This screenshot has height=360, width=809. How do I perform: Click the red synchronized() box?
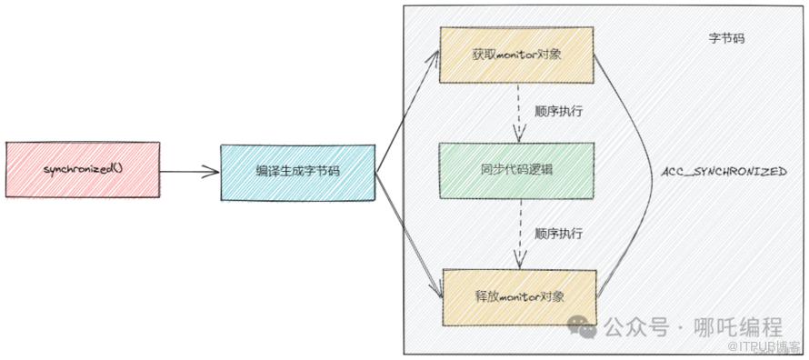pos(83,169)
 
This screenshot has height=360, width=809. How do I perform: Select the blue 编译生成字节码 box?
pos(298,173)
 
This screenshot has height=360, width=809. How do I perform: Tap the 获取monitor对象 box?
pos(516,55)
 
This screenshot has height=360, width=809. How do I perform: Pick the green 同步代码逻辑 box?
pos(516,170)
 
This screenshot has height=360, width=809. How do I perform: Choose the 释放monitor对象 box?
pos(519,297)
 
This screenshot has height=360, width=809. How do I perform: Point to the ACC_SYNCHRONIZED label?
pos(724,172)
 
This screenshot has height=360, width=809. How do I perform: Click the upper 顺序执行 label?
pos(559,112)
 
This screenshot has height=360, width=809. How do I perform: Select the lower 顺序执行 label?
pos(559,234)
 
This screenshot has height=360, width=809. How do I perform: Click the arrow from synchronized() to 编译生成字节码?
pos(190,172)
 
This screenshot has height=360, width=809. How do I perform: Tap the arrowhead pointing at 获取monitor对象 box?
pos(433,56)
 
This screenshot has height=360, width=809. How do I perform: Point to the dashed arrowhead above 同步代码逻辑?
pos(519,135)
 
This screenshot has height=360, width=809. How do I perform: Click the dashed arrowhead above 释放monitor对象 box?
pos(520,261)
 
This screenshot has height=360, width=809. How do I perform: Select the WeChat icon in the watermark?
pos(583,327)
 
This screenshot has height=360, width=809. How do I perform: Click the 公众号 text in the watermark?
pos(635,327)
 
